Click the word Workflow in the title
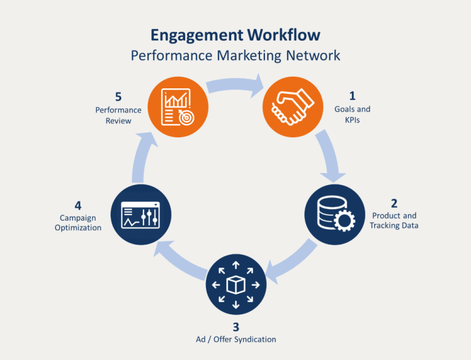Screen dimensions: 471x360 (283, 35)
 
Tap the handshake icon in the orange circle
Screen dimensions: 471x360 (293, 107)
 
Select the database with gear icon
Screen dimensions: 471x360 (336, 213)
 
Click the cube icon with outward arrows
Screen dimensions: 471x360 (235, 285)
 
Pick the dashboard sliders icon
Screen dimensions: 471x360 (140, 215)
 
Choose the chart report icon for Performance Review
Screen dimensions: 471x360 (178, 107)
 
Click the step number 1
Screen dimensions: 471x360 (353, 96)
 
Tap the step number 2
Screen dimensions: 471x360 (394, 204)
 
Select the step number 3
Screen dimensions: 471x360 (235, 327)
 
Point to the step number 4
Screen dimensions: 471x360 (78, 206)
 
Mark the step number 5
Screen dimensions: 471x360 (118, 97)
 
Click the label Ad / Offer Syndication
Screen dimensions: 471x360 (235, 340)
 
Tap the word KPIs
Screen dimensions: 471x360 (353, 120)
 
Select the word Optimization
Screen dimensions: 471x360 (78, 228)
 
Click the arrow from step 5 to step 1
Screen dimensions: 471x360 (235, 85)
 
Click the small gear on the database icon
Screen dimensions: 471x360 (344, 221)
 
